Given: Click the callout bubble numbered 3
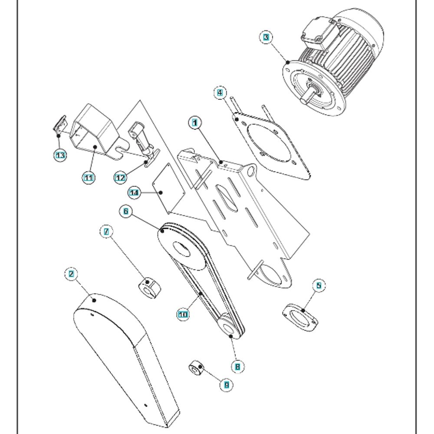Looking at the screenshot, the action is click(266, 37).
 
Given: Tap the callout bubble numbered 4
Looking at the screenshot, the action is click(220, 93).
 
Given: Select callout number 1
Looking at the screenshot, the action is click(195, 123).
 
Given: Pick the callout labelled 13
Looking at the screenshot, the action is click(60, 155).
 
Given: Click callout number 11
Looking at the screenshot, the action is click(89, 178).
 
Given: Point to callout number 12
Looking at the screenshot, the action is click(120, 178).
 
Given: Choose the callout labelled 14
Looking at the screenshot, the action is click(134, 192).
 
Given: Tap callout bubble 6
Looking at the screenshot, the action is click(126, 211).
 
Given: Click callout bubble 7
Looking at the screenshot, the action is click(106, 231).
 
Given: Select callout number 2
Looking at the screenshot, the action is click(71, 274).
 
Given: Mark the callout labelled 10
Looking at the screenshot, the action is click(183, 314).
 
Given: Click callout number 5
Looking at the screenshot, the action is click(319, 286).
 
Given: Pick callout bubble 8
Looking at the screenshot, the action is click(237, 367).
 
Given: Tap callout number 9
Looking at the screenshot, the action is click(227, 385).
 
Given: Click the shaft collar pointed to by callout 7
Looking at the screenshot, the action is click(149, 289).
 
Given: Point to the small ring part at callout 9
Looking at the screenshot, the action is click(196, 368).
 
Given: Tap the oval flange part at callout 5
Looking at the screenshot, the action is click(300, 318).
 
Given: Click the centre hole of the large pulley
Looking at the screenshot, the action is click(181, 249).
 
